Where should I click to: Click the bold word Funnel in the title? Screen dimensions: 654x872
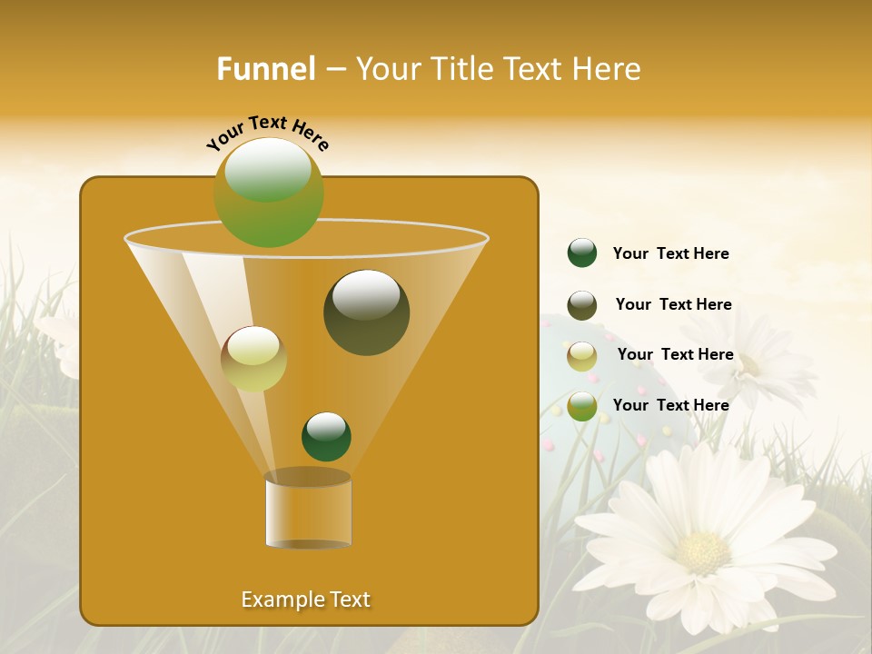[x=266, y=69]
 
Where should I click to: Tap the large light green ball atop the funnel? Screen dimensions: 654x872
[x=269, y=192]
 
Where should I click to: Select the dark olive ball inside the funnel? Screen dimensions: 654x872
[x=367, y=312]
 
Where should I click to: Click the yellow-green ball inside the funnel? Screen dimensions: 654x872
[x=254, y=359]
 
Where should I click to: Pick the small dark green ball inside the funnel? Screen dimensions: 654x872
[x=326, y=436]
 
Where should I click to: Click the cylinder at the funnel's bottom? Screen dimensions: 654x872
[x=308, y=510]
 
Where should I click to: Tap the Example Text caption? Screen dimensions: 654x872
[x=306, y=599]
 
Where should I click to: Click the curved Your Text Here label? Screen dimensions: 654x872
[x=267, y=132]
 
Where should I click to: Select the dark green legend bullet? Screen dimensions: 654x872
[x=582, y=253]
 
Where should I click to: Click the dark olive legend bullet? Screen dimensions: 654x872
[x=582, y=305]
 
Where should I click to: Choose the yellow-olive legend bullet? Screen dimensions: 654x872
[x=582, y=356]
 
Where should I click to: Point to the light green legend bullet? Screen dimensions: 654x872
[x=582, y=406]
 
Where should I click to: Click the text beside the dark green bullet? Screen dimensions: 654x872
[x=670, y=254]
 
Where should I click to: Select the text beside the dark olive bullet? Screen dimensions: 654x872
[x=673, y=305]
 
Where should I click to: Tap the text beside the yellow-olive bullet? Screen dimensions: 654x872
[x=675, y=355]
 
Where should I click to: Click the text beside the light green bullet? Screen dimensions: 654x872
[x=670, y=405]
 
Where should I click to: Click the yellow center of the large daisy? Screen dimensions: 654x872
[x=703, y=551]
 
